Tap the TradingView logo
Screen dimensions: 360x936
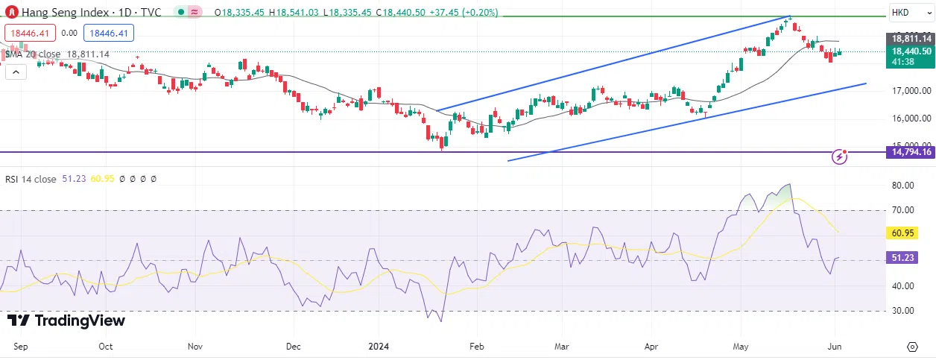tap(66, 321)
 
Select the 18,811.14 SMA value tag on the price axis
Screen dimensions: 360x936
tap(911, 38)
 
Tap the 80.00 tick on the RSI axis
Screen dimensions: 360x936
tap(902, 186)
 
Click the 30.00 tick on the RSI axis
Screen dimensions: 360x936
tap(902, 311)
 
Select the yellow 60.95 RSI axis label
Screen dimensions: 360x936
tap(902, 233)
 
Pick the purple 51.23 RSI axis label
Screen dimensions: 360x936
tap(902, 257)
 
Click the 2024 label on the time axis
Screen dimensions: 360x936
tap(379, 347)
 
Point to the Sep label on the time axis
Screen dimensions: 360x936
tap(21, 347)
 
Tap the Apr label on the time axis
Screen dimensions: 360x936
tap(651, 347)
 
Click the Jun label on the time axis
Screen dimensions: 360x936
tap(835, 347)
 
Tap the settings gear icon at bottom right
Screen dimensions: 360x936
tap(912, 347)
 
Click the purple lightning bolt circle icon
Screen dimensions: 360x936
tap(841, 157)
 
